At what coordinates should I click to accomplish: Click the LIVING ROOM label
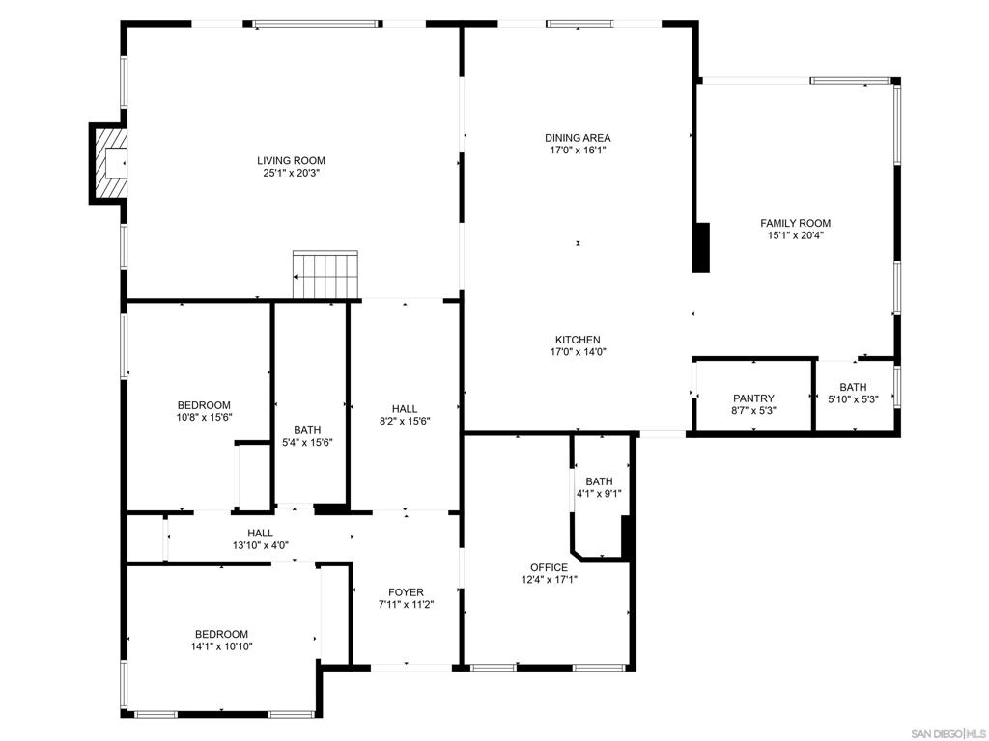[291, 160]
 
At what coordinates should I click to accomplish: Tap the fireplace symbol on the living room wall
[110, 162]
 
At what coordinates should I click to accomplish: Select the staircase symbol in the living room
[325, 274]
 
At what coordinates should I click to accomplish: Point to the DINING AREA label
[578, 138]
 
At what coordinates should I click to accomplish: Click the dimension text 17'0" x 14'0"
[578, 352]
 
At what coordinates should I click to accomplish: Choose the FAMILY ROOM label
[795, 223]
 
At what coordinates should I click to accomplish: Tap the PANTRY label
[753, 398]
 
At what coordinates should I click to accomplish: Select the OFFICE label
[549, 567]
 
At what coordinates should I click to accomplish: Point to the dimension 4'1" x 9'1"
[599, 494]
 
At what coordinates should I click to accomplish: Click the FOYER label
[406, 592]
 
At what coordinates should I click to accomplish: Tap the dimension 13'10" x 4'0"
[260, 545]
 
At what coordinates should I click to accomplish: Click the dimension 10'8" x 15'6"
[204, 418]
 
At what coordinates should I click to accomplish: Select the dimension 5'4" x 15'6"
[307, 443]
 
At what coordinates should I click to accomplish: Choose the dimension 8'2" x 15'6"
[405, 421]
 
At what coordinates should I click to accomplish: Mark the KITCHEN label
[578, 340]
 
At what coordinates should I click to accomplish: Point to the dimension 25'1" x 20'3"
[291, 174]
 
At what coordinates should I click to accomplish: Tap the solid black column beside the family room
[701, 247]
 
